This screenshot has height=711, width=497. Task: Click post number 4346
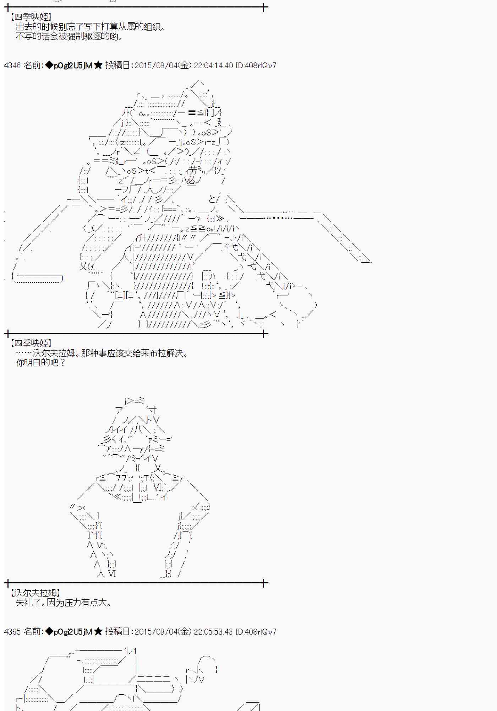[x=12, y=65]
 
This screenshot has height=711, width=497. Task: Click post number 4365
[x=12, y=632]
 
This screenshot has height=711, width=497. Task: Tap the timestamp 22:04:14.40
[x=214, y=65]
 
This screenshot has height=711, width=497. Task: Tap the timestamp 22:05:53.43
[x=214, y=632]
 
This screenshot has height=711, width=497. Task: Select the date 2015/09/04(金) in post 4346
[x=163, y=65]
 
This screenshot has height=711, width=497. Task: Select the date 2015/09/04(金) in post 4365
[x=163, y=632]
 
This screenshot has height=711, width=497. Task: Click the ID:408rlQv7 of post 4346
[x=256, y=65]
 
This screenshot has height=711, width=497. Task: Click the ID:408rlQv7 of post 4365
[x=256, y=632]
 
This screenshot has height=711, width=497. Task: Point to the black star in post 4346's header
[x=98, y=65]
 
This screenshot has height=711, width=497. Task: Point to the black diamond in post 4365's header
[x=49, y=632]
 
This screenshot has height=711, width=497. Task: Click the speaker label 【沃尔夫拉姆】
[x=34, y=593]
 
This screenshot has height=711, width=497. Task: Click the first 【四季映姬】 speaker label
[x=31, y=17]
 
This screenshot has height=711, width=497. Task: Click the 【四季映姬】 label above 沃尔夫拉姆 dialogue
[x=31, y=343]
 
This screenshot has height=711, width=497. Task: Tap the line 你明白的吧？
[x=41, y=363]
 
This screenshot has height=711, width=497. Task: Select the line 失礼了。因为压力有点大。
[x=64, y=603]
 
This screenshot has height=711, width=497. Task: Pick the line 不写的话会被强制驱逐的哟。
[x=69, y=37]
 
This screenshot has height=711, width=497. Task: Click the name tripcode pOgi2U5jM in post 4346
[x=72, y=65]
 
